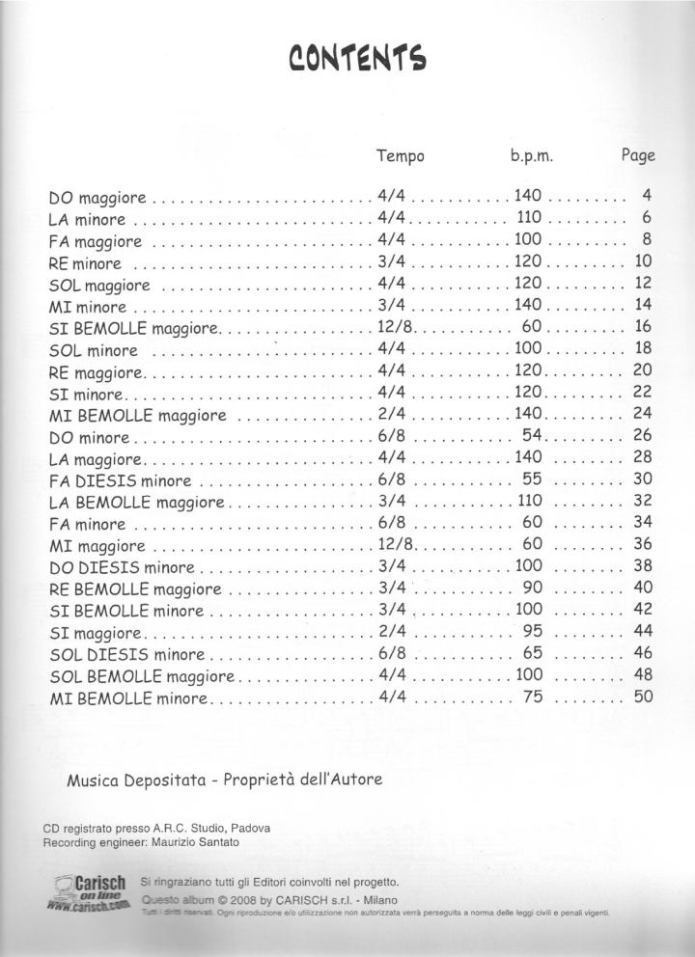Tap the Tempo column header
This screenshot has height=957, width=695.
pos(400,155)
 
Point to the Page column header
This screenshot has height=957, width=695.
pos(638,155)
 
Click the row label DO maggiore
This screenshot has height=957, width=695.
pos(97,198)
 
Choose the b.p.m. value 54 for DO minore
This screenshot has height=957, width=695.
pos(534,436)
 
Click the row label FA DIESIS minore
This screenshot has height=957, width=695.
pos(120,480)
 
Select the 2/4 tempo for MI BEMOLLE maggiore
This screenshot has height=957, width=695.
pos(391,415)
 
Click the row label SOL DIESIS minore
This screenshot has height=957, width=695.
pos(126,654)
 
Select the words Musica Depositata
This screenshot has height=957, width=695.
pos(130,779)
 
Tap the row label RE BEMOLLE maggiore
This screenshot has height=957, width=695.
pos(135,589)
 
